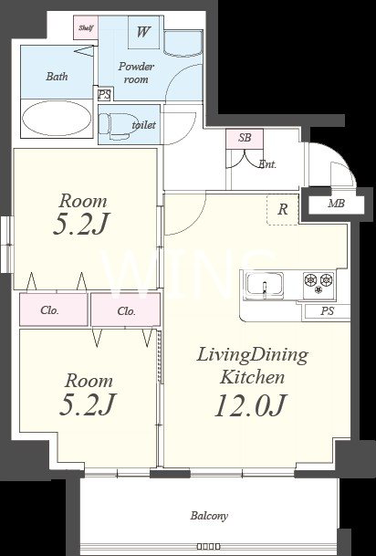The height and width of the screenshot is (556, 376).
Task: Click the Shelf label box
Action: pos(86,27)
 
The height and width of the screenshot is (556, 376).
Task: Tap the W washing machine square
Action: pos(143,32)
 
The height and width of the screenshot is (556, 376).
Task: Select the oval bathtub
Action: pos(57,118)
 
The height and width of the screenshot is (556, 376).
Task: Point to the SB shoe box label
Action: pos(245,138)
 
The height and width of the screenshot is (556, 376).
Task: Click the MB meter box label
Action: pos(337,204)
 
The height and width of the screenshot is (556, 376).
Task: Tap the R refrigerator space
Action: pos(283,210)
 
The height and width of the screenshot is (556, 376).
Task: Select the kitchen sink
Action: pos(265,285)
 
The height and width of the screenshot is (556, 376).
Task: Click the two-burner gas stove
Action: pos(319,284)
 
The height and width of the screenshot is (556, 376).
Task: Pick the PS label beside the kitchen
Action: pos(328,311)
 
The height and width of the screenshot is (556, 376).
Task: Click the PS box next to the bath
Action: pos(105,95)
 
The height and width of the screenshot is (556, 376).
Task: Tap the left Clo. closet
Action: pos(54,309)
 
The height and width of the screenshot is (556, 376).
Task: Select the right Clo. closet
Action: pos(126,309)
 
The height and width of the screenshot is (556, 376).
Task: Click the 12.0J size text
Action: pos(250,405)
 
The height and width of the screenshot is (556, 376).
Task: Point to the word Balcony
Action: pos(209,516)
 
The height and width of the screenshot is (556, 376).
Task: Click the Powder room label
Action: pos(136,73)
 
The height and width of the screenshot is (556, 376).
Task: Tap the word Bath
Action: pos(57,77)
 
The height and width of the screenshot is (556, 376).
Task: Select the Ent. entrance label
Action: pos(267,164)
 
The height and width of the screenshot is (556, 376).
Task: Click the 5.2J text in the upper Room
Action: pos(81,224)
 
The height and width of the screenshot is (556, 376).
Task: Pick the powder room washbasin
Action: pos(183,44)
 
